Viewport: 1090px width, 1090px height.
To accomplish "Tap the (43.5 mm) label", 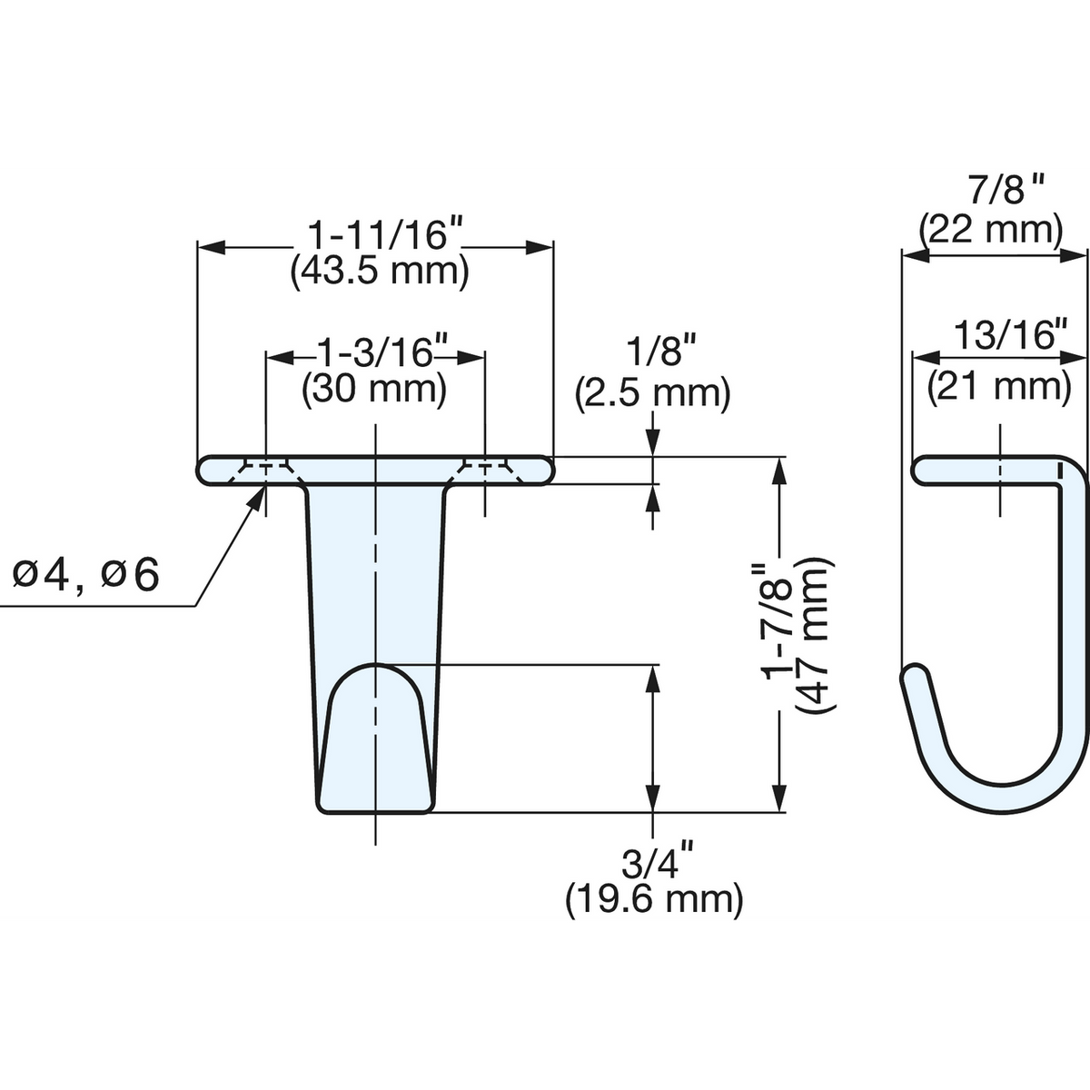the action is point(380,273).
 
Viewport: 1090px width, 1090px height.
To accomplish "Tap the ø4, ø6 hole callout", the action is point(85,576).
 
